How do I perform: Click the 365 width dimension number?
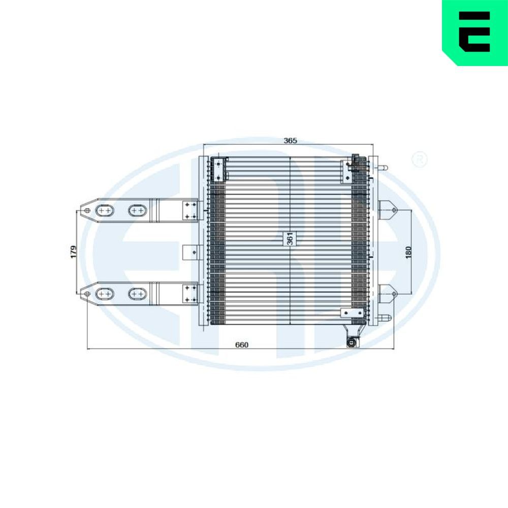tap(290, 140)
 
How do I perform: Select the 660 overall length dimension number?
tap(242, 345)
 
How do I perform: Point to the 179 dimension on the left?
tap(74, 251)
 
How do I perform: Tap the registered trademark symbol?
tap(421, 160)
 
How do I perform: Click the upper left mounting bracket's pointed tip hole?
tap(87, 210)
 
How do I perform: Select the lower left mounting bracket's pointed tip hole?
tap(87, 293)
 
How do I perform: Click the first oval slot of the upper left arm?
tap(105, 210)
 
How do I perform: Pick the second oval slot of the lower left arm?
tap(137, 293)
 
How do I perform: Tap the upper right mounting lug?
tap(387, 210)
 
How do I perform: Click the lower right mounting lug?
tap(387, 293)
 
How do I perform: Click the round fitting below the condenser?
tap(351, 342)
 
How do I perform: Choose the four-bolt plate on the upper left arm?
tap(190, 210)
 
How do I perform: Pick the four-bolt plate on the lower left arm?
tap(190, 294)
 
